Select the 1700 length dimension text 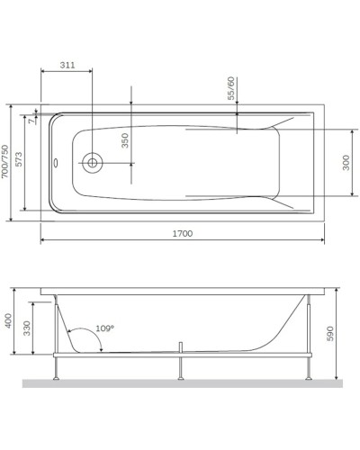182,233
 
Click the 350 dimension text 126,141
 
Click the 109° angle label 104,329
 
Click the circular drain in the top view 92,163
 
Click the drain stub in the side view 181,346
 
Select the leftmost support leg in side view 58,367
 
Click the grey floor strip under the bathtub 180,384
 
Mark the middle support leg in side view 182,367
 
